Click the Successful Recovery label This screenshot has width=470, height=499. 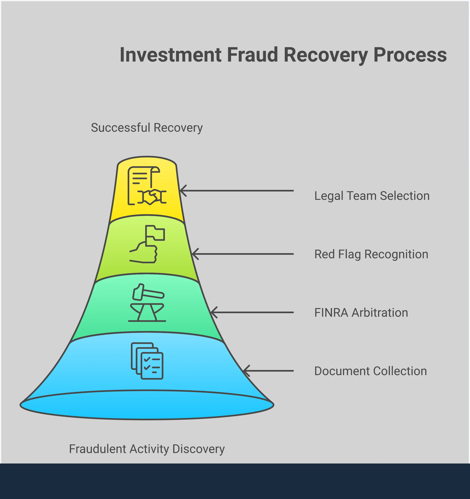click(x=147, y=128)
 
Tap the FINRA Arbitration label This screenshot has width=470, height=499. click(x=361, y=313)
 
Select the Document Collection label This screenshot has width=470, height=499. click(x=370, y=371)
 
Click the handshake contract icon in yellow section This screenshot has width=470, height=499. click(x=147, y=186)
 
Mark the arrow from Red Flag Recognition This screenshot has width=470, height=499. click(x=242, y=254)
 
